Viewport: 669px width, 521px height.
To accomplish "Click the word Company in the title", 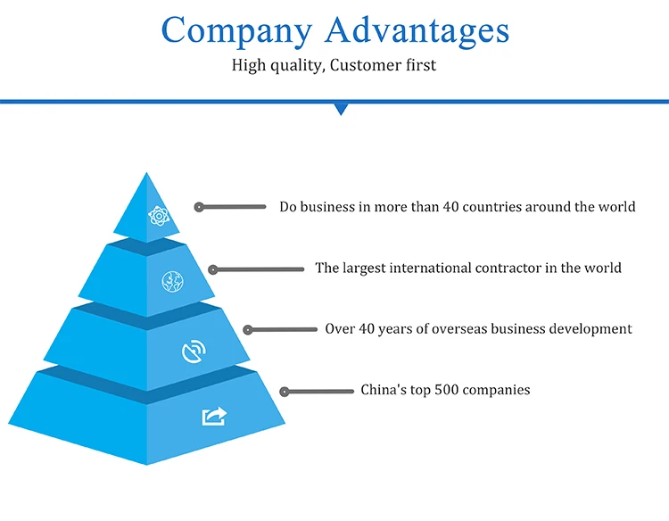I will click(x=237, y=30).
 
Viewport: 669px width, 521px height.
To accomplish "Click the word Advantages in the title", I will click(x=417, y=30).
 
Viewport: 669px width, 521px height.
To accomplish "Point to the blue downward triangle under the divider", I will click(x=340, y=109).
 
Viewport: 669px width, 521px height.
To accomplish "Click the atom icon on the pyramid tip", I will click(x=159, y=215).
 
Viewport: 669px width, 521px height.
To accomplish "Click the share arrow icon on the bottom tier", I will click(x=215, y=416).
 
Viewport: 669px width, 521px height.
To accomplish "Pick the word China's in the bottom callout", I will click(x=384, y=390).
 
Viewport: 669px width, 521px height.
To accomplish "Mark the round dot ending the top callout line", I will click(x=200, y=207).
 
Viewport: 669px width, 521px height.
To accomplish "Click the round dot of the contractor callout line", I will click(x=213, y=269).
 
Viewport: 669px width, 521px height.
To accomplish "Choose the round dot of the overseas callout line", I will click(x=248, y=329).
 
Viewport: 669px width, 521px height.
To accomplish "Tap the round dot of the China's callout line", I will click(x=285, y=391).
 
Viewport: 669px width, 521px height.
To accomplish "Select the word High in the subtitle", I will click(x=248, y=65).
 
